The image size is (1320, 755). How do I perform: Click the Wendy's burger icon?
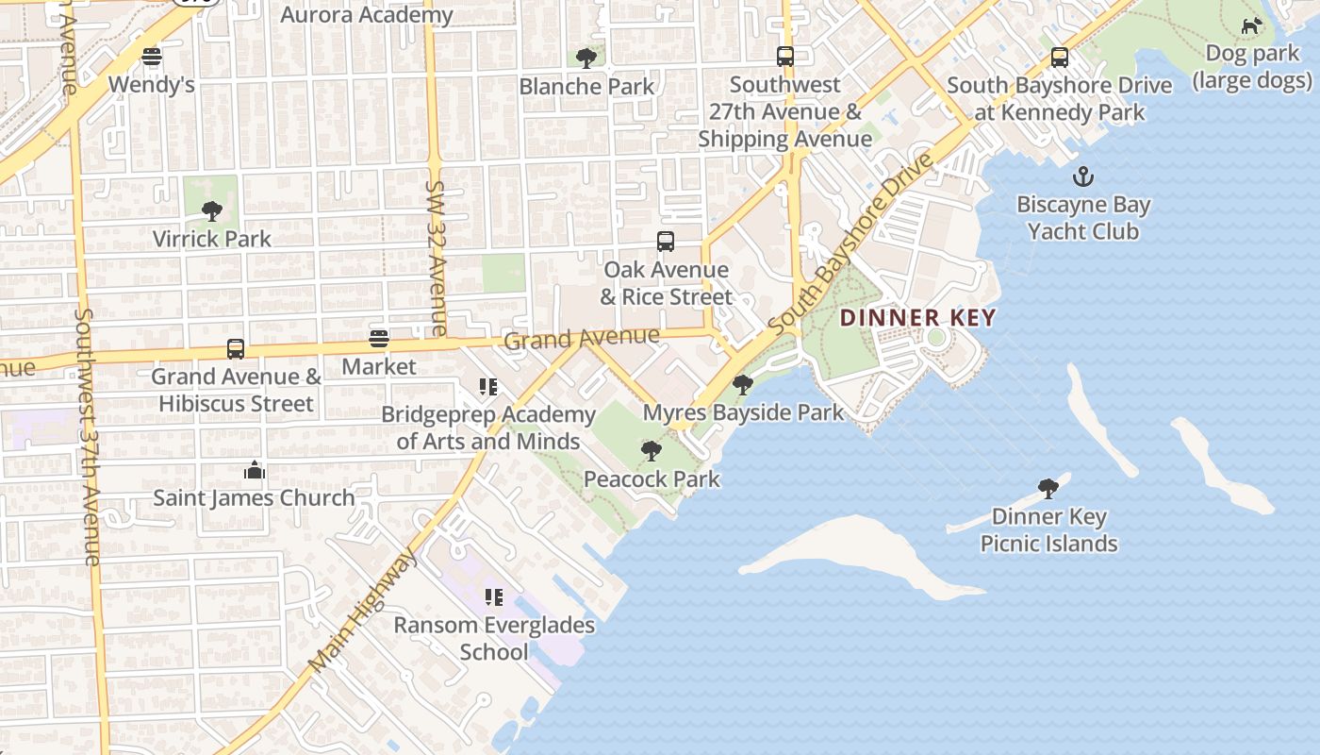(152, 57)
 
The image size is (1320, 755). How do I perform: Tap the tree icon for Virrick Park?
(212, 210)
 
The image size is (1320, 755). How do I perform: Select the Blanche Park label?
(586, 87)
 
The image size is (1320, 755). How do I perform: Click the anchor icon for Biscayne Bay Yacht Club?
(1083, 176)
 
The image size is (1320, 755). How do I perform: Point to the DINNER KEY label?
(917, 318)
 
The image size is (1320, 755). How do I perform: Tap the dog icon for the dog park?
(1251, 26)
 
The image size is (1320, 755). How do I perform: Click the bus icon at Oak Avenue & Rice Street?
(666, 242)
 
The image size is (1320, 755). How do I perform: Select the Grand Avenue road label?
(582, 338)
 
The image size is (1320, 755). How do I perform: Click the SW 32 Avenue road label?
(437, 259)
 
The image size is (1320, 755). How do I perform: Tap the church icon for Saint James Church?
(254, 470)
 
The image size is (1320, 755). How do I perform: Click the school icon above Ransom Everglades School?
(493, 597)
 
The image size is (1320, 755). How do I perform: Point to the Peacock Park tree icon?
(651, 451)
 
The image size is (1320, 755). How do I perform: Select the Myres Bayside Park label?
(743, 412)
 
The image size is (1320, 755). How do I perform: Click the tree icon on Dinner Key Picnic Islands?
(1048, 488)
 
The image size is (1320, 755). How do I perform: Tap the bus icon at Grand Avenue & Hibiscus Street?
(236, 349)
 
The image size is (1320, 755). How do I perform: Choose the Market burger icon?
(379, 339)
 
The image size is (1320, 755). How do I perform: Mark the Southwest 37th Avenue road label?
(87, 436)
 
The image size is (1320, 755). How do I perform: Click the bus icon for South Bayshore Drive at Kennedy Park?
(1060, 58)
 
